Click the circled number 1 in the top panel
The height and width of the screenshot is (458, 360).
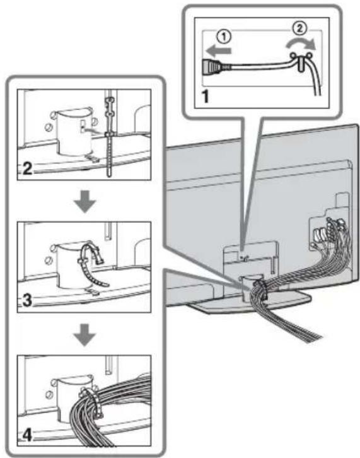click(224, 37)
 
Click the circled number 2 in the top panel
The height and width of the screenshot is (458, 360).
click(299, 28)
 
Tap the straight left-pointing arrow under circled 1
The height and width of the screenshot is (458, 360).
click(218, 50)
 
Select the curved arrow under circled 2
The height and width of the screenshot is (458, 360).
click(301, 44)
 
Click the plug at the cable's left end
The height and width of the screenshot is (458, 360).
click(212, 66)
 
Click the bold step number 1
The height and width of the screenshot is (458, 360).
click(206, 96)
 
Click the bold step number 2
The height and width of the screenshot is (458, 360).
click(27, 168)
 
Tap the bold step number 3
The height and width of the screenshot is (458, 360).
click(27, 300)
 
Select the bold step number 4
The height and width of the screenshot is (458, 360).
click(27, 435)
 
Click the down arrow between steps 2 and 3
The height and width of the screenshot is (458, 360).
click(84, 201)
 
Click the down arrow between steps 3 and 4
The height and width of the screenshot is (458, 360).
click(84, 334)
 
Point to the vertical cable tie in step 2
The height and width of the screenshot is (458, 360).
click(109, 137)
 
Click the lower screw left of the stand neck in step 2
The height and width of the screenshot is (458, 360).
click(49, 127)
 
